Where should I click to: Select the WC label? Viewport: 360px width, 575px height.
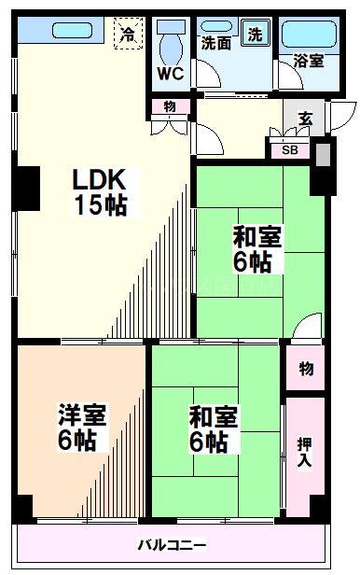170,73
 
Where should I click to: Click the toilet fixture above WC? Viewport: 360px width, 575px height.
169,43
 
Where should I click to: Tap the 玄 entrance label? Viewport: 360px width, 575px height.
305,119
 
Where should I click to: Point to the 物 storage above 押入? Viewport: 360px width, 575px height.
305,369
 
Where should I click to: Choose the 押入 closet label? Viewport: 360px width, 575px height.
305,455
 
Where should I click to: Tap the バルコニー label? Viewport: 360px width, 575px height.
173,545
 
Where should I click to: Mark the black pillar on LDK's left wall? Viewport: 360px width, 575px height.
27,188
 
